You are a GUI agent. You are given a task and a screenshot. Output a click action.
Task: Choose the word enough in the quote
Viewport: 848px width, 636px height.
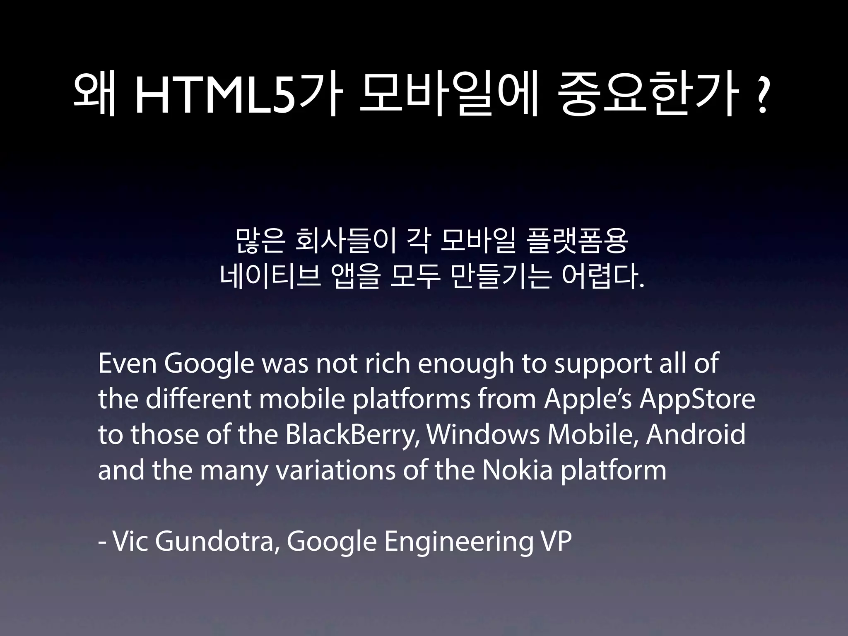pos(465,364)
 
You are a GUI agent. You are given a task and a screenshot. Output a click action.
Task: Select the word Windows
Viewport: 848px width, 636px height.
pos(483,435)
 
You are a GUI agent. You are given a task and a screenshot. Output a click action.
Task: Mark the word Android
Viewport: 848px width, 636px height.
pos(696,435)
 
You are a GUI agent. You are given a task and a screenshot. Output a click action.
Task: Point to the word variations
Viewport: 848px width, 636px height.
pos(335,470)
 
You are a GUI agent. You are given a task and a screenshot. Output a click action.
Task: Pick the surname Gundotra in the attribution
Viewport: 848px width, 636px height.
pos(216,541)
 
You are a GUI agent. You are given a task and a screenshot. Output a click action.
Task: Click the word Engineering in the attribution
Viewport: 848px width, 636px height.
pos(459,542)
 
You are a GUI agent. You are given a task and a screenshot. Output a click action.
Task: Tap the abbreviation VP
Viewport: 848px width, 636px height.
pos(556,541)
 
